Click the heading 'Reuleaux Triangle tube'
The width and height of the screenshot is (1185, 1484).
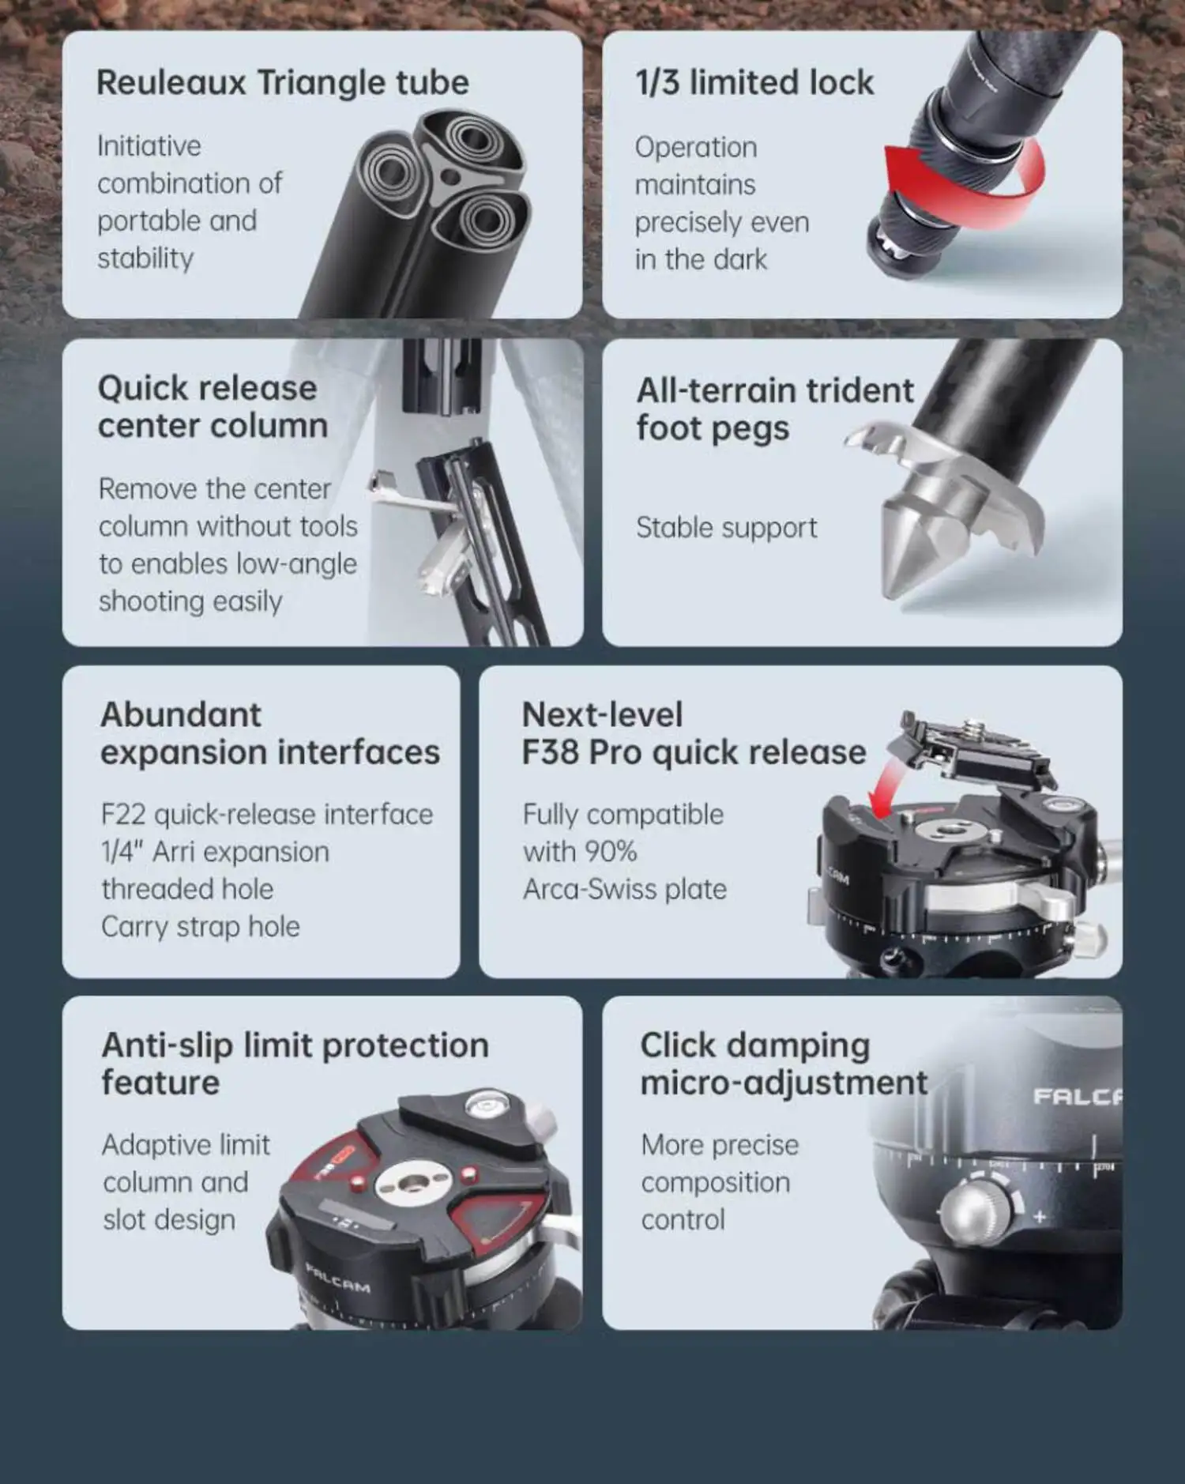(x=283, y=83)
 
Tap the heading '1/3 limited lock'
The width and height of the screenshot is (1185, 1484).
(x=754, y=83)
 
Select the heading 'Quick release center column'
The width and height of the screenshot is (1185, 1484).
(x=213, y=407)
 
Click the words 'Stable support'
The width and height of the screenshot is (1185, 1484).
(x=727, y=528)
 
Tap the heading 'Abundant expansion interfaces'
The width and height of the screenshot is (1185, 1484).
(x=270, y=733)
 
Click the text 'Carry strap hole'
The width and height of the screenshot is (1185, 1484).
(x=201, y=927)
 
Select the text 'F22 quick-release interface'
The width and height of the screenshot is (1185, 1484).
(x=267, y=815)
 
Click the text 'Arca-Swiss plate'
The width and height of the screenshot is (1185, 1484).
(x=625, y=890)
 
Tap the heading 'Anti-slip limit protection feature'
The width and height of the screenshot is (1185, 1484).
(x=295, y=1064)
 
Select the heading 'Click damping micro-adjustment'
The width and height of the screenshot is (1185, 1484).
(x=784, y=1064)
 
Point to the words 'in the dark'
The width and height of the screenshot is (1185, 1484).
(x=701, y=260)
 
